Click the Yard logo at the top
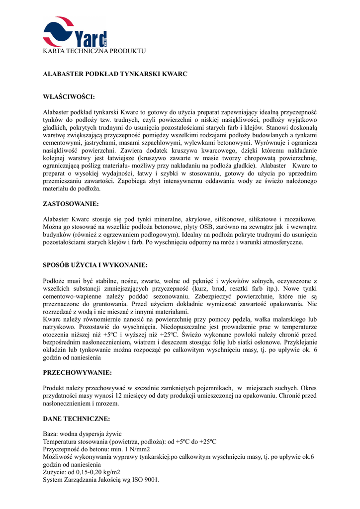click(x=75, y=32)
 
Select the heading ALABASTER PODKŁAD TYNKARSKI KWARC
click(x=115, y=74)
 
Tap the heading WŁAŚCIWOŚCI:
click(x=69, y=96)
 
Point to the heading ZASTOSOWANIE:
click(x=71, y=204)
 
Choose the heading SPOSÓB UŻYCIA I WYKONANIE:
click(x=95, y=265)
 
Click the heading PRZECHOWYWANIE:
click(x=77, y=372)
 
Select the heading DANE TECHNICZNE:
click(x=77, y=419)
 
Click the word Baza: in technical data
click(x=52, y=434)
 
